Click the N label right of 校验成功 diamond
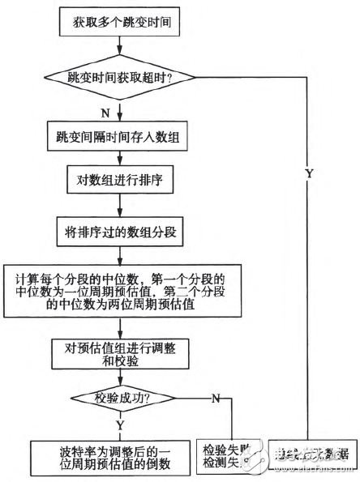pyautogui.click(x=216, y=399)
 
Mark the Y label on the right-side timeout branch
pyautogui.click(x=308, y=174)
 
